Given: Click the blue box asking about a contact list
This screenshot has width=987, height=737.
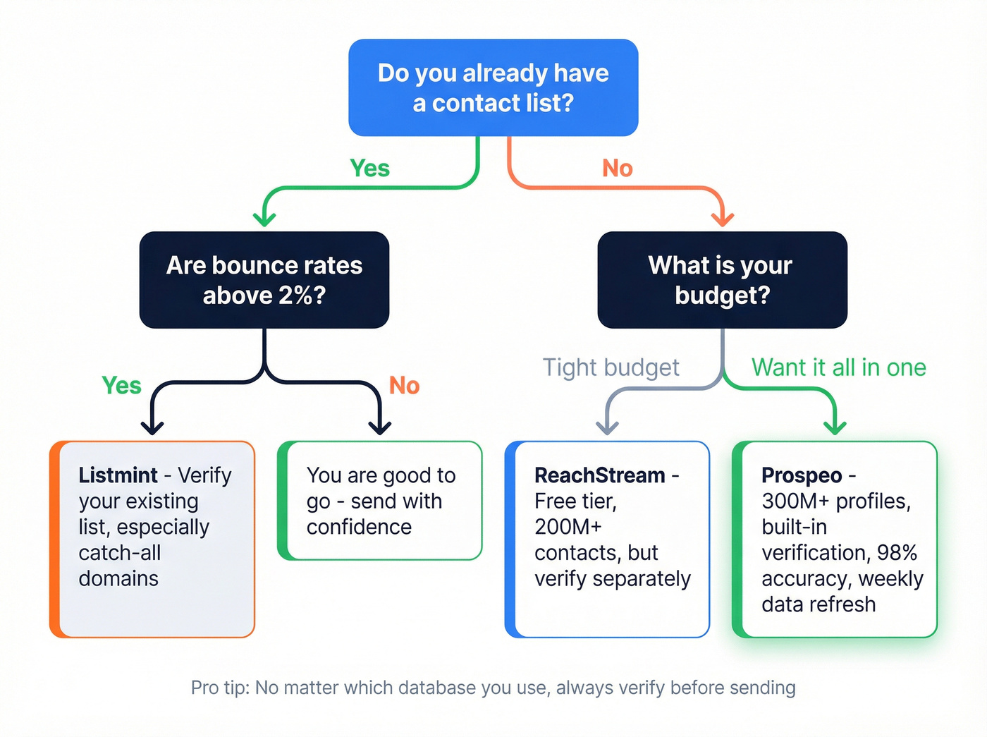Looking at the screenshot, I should click(x=493, y=87).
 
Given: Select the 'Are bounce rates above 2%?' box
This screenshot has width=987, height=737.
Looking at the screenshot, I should click(x=264, y=280).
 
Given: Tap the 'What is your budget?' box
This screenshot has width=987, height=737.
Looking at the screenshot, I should click(x=722, y=280).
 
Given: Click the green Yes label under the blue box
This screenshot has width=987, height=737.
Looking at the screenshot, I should click(x=369, y=169).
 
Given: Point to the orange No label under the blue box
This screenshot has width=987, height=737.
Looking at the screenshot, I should click(x=617, y=169).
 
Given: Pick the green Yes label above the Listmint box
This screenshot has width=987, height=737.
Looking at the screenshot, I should click(x=121, y=386).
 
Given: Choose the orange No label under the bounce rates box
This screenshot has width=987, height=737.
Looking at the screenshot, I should click(x=404, y=386).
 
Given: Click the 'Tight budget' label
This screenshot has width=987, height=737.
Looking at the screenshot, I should click(x=611, y=367).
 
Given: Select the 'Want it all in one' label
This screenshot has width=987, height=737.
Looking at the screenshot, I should click(x=838, y=367).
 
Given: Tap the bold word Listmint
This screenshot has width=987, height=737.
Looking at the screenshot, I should click(x=118, y=475).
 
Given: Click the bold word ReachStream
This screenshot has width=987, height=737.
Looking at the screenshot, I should click(x=599, y=475).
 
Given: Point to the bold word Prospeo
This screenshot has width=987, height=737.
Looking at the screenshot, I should click(x=802, y=475).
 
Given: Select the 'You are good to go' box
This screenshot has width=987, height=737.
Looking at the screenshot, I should click(x=381, y=501).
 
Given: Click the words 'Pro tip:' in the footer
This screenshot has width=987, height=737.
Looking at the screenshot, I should click(x=219, y=688).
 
